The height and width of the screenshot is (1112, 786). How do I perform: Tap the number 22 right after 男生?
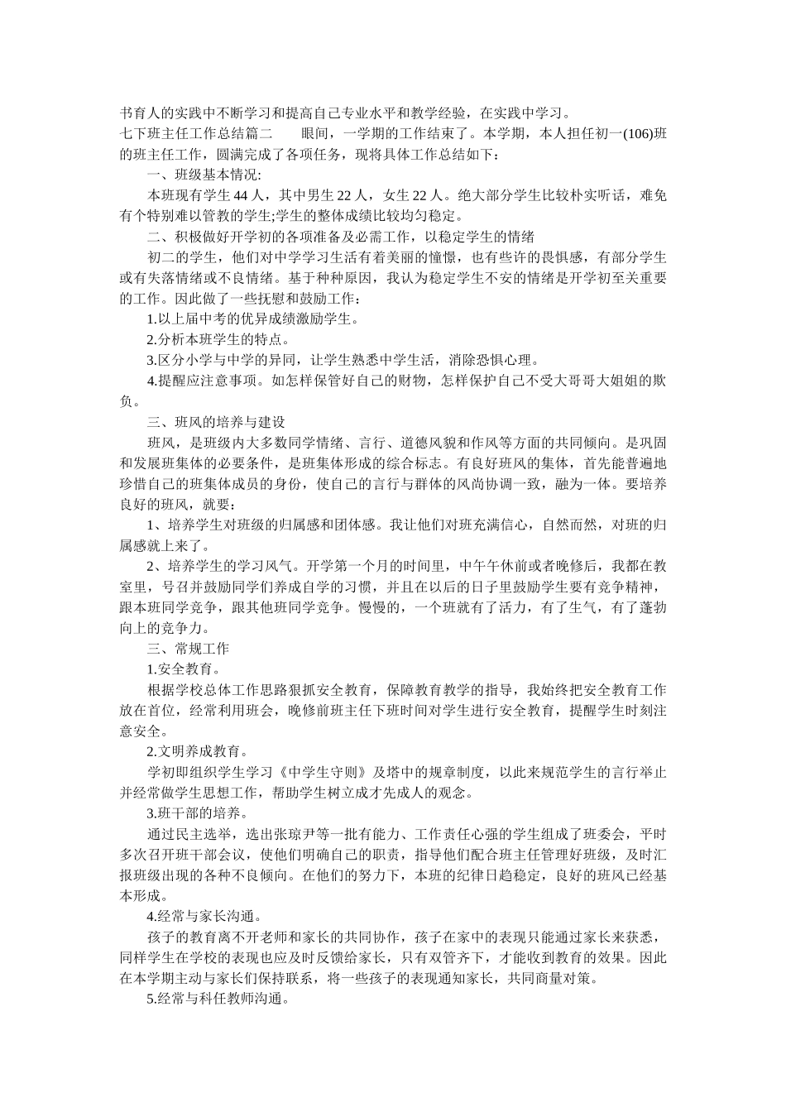[x=342, y=195]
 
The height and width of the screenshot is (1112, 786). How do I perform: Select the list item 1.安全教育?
[x=184, y=669]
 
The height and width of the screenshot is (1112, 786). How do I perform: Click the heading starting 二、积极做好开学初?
[x=340, y=237]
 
